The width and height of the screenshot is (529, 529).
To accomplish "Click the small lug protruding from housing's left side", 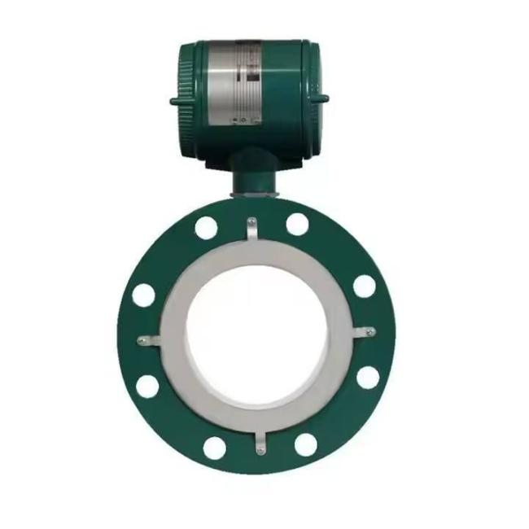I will (x=174, y=102).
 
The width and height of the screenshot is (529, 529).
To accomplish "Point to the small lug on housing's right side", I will (x=323, y=100).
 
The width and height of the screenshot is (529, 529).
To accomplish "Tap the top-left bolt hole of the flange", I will (x=206, y=228).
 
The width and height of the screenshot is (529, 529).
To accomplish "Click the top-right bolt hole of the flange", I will (x=297, y=224).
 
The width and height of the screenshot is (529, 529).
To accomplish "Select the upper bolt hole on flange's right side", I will (x=364, y=286).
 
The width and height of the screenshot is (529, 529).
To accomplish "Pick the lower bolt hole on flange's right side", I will (x=368, y=378).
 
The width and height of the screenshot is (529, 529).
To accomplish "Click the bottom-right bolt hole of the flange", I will (x=305, y=444).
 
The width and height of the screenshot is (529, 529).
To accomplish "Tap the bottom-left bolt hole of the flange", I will (x=214, y=447).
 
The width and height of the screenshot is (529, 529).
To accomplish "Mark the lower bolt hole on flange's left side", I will (x=147, y=386).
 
